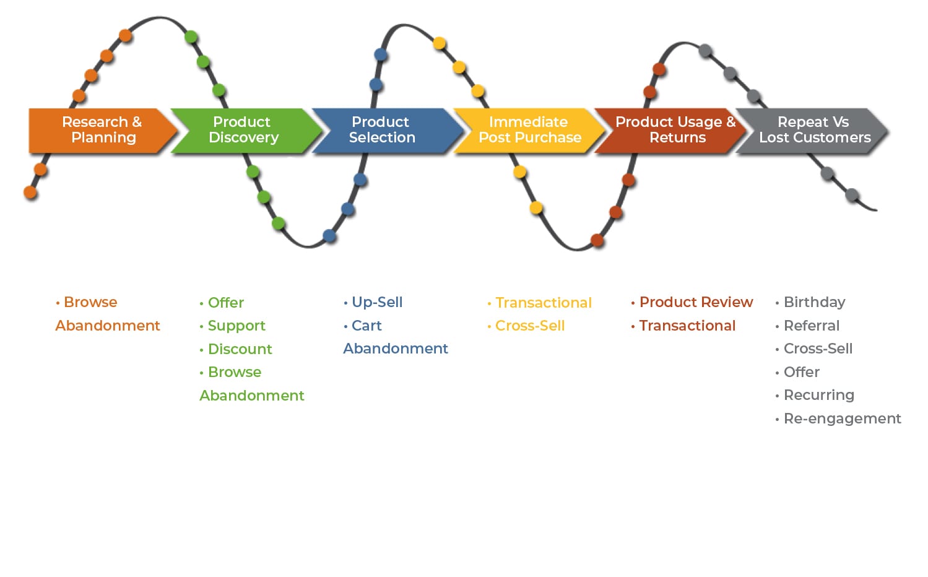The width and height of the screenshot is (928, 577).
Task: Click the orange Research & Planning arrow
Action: click(x=102, y=131)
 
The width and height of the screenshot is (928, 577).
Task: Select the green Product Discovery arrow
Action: click(x=245, y=131)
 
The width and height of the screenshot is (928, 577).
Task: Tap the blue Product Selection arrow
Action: click(x=385, y=131)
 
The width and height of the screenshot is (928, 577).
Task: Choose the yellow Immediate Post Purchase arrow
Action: click(x=528, y=131)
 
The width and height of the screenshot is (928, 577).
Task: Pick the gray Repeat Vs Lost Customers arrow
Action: click(x=812, y=131)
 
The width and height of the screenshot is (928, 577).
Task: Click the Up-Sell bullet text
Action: click(x=377, y=302)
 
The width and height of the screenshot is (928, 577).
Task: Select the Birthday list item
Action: click(x=815, y=302)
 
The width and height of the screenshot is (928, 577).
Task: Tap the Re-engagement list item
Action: click(x=842, y=419)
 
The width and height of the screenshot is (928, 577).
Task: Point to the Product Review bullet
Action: click(x=696, y=302)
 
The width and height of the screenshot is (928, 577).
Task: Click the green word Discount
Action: click(x=240, y=349)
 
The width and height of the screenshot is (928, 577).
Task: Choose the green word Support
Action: click(x=236, y=326)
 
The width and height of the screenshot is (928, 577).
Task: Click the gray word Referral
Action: click(x=812, y=326)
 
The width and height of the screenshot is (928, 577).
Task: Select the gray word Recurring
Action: click(x=819, y=395)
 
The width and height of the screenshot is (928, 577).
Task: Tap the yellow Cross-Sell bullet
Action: click(x=530, y=326)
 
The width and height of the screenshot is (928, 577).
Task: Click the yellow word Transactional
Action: click(x=544, y=302)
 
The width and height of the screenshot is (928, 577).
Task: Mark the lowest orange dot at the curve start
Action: click(x=30, y=192)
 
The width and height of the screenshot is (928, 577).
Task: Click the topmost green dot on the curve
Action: click(x=191, y=37)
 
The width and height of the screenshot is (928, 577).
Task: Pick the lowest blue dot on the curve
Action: click(x=329, y=236)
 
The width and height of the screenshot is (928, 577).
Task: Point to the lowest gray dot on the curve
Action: click(x=852, y=194)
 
